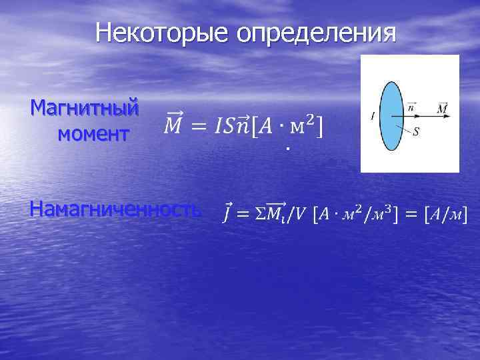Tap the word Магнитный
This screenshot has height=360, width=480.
point(85,107)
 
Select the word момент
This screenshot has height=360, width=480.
point(93,133)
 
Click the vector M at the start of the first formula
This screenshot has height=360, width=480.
point(172,124)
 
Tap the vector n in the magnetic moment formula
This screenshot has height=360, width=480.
point(243,125)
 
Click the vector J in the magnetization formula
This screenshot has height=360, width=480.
point(227,213)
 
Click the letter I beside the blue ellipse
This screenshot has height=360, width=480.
point(371,117)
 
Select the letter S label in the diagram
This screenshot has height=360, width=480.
point(417,132)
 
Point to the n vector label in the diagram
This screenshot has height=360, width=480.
point(411,105)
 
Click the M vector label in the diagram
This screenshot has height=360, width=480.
point(442,107)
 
